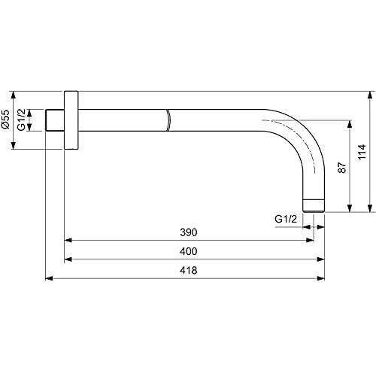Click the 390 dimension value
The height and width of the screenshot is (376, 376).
pyautogui.click(x=189, y=232)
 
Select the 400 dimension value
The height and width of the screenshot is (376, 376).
pyautogui.click(x=189, y=251)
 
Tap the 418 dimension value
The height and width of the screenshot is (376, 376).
pyautogui.click(x=189, y=271)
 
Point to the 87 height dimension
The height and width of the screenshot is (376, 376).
pyautogui.click(x=342, y=168)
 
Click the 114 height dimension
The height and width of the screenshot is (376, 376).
pyautogui.click(x=362, y=152)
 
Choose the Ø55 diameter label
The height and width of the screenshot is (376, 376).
pyautogui.click(x=5, y=119)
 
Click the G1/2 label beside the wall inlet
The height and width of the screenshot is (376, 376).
pyautogui.click(x=21, y=120)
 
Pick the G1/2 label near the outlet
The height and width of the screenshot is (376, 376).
pyautogui.click(x=286, y=219)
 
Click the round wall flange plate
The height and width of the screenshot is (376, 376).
pyautogui.click(x=71, y=120)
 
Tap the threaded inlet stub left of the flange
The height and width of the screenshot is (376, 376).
pyautogui.click(x=55, y=120)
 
